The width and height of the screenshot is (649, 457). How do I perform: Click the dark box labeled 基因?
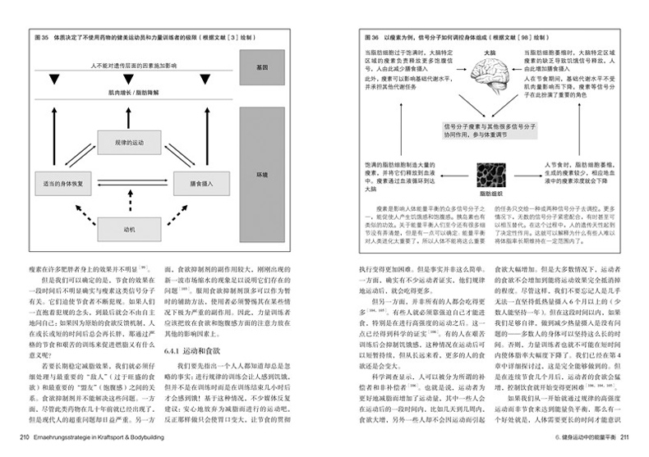[261, 66]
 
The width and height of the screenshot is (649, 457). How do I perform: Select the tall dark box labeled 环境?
[261, 176]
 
